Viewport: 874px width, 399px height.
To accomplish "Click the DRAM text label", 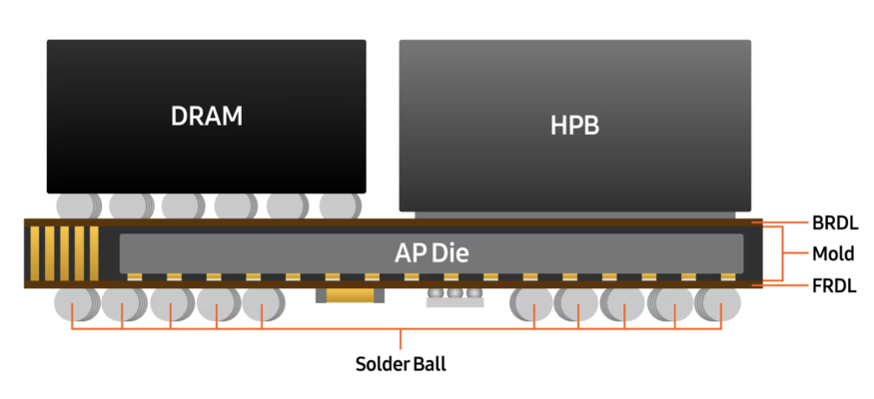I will [x=207, y=116].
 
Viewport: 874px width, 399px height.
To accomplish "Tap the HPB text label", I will [x=574, y=126].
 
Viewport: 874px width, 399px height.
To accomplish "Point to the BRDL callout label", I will [x=835, y=223].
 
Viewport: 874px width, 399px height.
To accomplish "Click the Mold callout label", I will [x=833, y=254].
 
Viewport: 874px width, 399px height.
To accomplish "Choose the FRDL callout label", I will [x=835, y=286].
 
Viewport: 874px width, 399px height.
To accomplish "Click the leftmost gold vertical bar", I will [x=35, y=252].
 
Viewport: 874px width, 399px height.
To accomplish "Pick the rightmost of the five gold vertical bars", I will [x=95, y=252].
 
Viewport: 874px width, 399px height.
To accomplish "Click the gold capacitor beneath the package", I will [x=349, y=295].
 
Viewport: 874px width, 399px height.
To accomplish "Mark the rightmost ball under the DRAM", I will [x=338, y=205].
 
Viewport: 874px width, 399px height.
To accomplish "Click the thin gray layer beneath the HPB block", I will [x=574, y=213].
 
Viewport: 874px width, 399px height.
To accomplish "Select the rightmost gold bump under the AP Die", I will [x=728, y=276].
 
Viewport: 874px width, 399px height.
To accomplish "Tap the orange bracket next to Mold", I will [x=780, y=254].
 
